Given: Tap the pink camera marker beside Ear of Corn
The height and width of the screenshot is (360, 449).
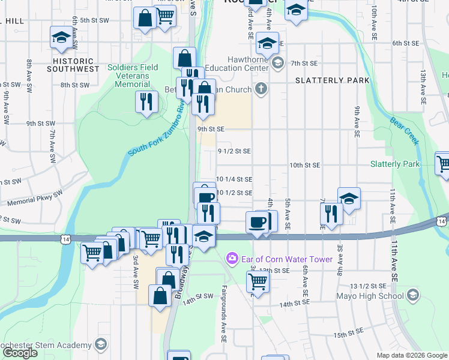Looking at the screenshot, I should click(232, 259).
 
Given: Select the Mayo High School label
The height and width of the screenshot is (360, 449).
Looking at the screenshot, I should click(378, 295).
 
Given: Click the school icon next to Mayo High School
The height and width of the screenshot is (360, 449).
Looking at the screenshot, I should click(412, 295).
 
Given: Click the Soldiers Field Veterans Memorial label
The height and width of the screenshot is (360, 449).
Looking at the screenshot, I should click(133, 76).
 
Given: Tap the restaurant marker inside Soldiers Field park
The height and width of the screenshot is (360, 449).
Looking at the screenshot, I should click(146, 101).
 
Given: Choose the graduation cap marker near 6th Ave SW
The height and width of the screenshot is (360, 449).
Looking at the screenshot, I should click(60, 38).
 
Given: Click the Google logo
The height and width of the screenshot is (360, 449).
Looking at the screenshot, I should click(20, 353).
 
